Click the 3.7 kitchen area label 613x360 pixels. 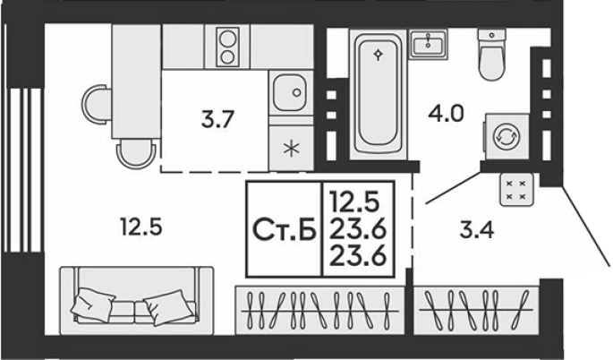click(x=217, y=119)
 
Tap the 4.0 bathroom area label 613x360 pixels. click(x=446, y=114)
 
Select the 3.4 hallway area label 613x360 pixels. click(x=477, y=230)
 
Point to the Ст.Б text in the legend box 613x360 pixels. click(x=285, y=229)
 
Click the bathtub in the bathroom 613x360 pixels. click(x=378, y=93)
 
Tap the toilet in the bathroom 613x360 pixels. click(x=491, y=54)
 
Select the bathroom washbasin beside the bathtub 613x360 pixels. click(x=429, y=44)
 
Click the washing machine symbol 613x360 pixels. click(x=507, y=136)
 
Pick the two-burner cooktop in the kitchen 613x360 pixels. click(x=227, y=47)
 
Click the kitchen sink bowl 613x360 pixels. click(x=291, y=93)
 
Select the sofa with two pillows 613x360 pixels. click(x=136, y=301)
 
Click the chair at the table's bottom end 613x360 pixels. click(x=136, y=153)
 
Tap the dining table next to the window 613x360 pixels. click(x=136, y=81)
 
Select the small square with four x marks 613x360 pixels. click(x=516, y=190)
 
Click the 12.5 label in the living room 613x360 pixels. click(x=141, y=227)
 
